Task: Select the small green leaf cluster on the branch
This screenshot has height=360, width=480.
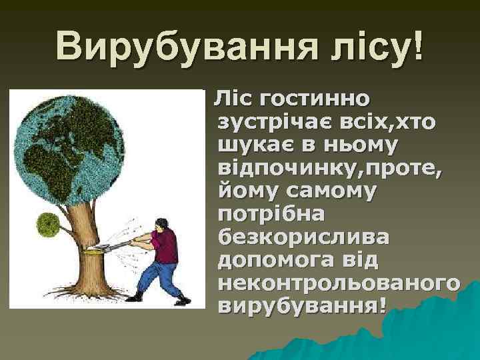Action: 47,222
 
